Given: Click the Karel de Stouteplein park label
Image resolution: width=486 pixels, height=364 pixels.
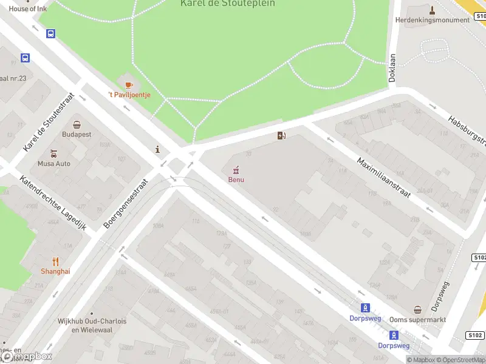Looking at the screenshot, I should tap(228, 4).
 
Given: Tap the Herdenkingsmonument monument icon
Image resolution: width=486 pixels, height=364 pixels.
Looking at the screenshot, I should tap(432, 10).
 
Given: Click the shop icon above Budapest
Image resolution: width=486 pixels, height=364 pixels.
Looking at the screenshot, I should tap(77, 124).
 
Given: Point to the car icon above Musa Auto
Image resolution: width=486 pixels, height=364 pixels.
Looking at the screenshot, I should tap(54, 153).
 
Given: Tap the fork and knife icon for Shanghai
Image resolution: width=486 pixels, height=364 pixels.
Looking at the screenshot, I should tap(55, 261).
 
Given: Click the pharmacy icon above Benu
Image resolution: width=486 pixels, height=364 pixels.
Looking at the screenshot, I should tap(236, 169).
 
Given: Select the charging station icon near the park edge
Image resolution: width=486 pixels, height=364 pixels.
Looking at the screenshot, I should tap(281, 135).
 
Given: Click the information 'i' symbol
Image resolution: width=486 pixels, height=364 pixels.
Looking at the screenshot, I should tap(158, 149).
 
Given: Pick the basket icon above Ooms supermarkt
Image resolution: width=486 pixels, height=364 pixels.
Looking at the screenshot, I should tap(417, 309).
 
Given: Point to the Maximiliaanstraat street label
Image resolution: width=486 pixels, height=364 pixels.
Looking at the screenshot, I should tap(383, 178).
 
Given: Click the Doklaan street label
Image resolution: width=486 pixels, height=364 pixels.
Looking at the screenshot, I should tap(392, 67).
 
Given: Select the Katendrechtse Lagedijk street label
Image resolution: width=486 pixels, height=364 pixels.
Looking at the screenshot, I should tap(53, 203).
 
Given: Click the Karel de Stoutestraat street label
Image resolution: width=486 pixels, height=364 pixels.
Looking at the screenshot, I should tap(49, 122).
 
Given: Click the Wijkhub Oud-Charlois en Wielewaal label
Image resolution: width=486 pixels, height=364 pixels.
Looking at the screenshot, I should tap(92, 326).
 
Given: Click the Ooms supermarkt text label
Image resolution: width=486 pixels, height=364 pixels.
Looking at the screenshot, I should tap(417, 320).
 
